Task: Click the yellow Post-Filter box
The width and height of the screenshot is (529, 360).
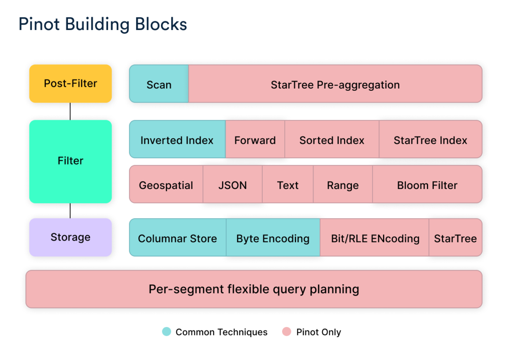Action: click(71, 84)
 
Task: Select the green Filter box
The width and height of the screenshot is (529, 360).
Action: click(71, 161)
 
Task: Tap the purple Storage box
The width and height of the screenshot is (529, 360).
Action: click(71, 238)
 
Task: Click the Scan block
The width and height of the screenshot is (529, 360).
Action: click(159, 84)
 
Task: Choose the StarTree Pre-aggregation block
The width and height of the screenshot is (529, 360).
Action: click(335, 84)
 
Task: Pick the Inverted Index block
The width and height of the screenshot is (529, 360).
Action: click(177, 140)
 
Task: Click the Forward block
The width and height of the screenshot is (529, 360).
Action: click(255, 140)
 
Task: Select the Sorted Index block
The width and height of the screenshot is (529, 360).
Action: click(332, 140)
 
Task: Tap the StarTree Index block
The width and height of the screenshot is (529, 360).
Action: click(430, 140)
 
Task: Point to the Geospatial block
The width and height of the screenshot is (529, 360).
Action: click(166, 185)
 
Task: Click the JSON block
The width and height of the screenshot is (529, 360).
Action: click(233, 185)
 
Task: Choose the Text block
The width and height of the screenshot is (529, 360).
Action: click(288, 185)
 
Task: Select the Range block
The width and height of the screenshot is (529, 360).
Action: click(343, 185)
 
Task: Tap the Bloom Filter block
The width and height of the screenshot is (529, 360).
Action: click(427, 185)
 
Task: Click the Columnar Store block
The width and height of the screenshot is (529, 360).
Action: click(178, 238)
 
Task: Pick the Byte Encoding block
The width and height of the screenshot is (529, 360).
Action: click(273, 238)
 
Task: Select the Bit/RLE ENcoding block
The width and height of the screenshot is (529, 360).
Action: click(375, 238)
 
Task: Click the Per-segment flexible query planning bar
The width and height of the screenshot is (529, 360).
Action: click(254, 289)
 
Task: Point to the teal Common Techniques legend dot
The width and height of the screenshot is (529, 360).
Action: click(167, 332)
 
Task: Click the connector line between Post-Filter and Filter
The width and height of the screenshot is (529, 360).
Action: click(70, 111)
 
